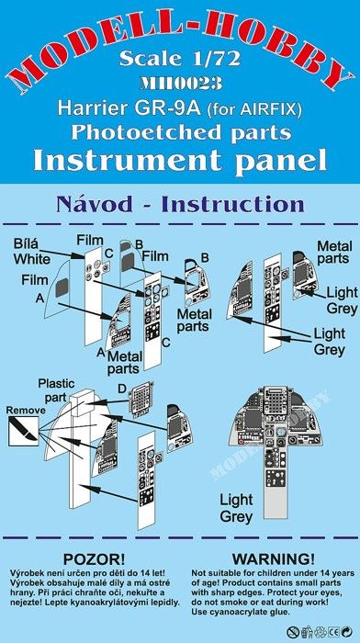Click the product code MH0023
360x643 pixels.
click(x=181, y=84)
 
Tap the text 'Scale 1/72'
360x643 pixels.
click(x=180, y=59)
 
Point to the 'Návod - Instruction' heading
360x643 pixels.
click(x=180, y=204)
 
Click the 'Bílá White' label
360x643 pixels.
click(x=31, y=252)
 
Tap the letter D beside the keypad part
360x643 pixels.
click(x=122, y=389)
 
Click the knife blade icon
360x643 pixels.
click(x=23, y=431)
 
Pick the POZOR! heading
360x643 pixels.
click(x=94, y=558)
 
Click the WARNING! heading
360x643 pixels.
click(x=274, y=558)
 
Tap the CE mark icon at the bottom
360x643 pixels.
click(x=333, y=632)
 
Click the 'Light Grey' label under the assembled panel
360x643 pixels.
click(x=236, y=509)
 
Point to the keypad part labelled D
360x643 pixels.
click(x=141, y=399)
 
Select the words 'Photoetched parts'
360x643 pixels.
click(x=181, y=132)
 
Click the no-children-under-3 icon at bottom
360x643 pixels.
click(x=292, y=632)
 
